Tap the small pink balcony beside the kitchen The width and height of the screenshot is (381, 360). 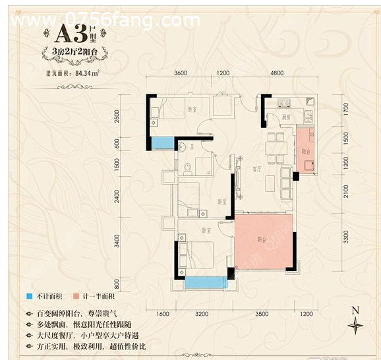pos(305,150)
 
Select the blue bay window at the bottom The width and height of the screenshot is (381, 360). pos(204,282)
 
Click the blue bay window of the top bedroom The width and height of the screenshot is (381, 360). pos(161,143)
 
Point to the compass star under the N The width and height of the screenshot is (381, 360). pos(356,325)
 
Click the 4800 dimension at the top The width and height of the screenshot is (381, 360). pos(276,73)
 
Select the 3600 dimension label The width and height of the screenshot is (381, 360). pos(181,73)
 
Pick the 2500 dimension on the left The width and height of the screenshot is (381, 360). pos(117,117)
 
